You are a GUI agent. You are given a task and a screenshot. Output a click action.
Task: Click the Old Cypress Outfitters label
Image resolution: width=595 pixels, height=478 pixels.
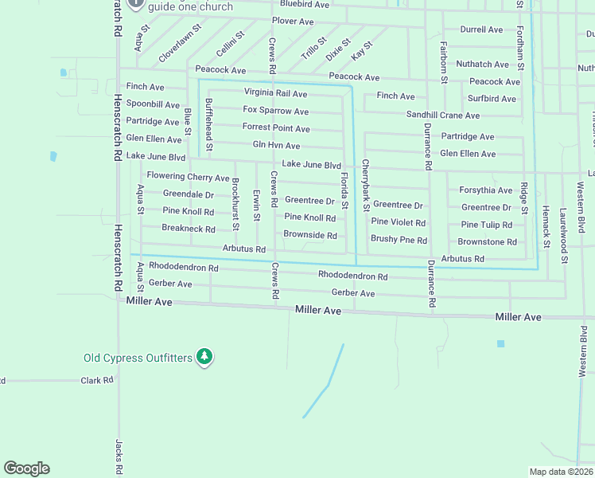138,358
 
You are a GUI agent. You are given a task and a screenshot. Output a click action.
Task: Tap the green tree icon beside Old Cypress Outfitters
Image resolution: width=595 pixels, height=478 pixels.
205,356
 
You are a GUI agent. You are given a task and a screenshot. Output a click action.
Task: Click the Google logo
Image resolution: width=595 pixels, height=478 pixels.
26,468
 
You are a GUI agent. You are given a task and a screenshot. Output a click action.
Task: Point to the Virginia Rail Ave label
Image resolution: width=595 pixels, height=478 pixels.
275,93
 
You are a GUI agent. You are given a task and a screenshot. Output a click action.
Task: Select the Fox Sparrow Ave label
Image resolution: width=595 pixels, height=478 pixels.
275,111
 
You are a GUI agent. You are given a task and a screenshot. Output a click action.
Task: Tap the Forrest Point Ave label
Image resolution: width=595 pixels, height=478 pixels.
276,128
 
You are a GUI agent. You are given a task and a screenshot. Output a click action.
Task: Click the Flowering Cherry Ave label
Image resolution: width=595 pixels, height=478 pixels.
188,177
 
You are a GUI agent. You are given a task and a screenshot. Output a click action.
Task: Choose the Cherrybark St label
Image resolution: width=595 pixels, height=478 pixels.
365,186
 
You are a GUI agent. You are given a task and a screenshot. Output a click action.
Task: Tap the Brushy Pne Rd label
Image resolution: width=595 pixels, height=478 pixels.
399,240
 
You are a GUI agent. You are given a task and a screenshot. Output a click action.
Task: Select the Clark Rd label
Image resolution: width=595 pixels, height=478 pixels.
97,381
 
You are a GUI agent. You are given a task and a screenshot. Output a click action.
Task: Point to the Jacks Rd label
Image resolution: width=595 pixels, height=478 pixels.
118,454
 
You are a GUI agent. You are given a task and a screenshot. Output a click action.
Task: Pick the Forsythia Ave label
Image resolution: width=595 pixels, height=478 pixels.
485,190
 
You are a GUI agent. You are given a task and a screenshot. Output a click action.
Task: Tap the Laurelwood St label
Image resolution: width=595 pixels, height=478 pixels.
564,236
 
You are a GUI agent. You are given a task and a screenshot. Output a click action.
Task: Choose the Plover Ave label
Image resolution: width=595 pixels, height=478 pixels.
293,22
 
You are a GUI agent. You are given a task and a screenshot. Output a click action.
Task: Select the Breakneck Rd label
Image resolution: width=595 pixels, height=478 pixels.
189,229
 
